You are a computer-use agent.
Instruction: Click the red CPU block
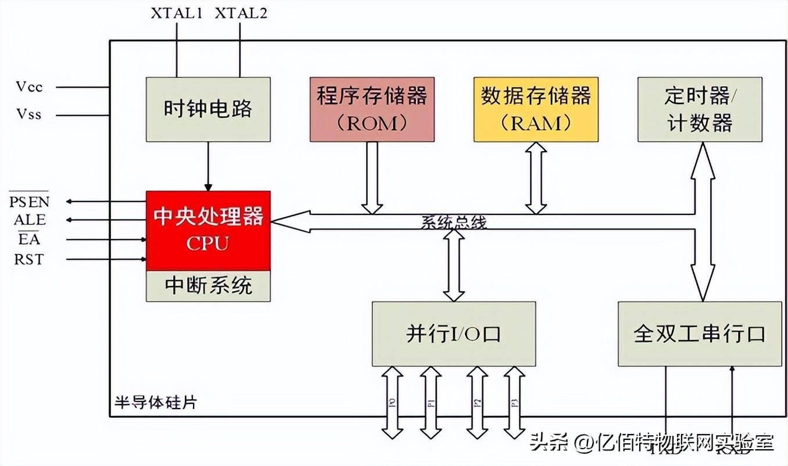[x=208, y=230]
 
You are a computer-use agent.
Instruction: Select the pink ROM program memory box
[x=372, y=109]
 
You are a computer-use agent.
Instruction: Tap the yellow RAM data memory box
[x=536, y=109]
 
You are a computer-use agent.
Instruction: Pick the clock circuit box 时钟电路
[x=208, y=109]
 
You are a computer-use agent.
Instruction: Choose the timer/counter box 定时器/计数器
[x=699, y=109]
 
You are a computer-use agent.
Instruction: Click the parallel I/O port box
[x=453, y=334]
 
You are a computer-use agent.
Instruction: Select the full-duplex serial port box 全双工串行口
[x=700, y=334]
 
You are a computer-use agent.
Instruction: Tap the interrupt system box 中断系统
[x=208, y=286]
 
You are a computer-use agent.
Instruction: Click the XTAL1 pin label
[x=177, y=13]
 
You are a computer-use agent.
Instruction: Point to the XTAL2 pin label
[x=241, y=13]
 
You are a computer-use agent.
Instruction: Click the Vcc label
[x=29, y=87]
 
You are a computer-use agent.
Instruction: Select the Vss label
[x=29, y=114]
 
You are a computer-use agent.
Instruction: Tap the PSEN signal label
[x=30, y=202]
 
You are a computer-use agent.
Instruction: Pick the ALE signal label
[x=30, y=220]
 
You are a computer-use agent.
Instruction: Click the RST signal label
[x=29, y=259]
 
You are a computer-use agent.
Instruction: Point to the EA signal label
[x=29, y=239]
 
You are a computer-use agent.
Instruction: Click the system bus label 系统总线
[x=454, y=222]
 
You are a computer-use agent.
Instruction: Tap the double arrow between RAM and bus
[x=536, y=177]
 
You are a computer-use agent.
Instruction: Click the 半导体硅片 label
[x=155, y=403]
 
